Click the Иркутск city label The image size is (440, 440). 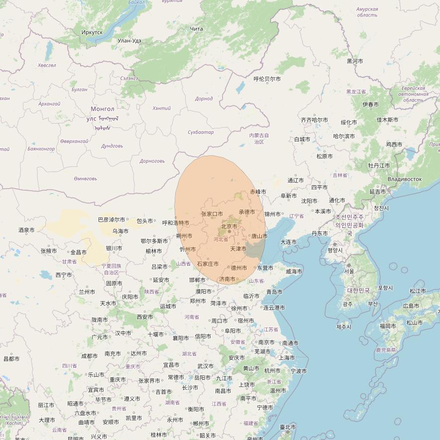click(x=92, y=32)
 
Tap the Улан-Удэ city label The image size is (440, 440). click(x=129, y=41)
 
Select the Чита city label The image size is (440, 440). click(x=197, y=29)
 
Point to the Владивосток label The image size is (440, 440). click(x=404, y=179)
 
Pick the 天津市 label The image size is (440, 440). click(x=238, y=248)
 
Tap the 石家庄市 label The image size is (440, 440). click(x=208, y=264)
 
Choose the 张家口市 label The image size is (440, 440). click(x=212, y=214)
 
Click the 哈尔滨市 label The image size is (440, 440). click(x=344, y=136)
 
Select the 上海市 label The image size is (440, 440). click(x=287, y=357)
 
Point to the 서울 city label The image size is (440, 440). click(x=349, y=271)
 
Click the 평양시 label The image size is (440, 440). click(x=334, y=250)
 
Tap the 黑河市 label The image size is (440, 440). click(x=355, y=61)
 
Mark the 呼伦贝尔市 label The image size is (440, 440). click(x=267, y=79)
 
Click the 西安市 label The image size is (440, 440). click(x=145, y=317)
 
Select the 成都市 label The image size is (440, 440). click(x=90, y=356)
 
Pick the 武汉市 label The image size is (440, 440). click(x=205, y=366)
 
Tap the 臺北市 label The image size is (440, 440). click(x=288, y=427)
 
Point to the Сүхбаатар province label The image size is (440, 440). click(x=201, y=132)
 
